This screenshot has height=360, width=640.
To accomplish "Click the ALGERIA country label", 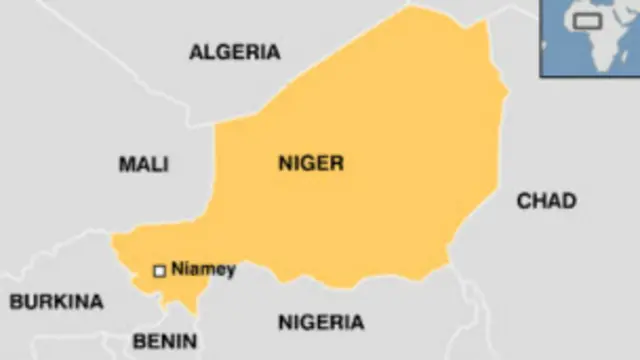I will [x=235, y=53].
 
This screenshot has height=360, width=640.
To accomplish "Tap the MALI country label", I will [x=144, y=164].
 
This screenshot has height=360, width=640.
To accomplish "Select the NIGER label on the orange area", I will [x=311, y=164].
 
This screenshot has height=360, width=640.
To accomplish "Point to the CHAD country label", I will [x=546, y=201].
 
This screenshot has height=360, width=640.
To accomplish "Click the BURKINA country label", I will [x=56, y=301].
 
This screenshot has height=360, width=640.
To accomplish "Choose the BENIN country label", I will [x=165, y=342].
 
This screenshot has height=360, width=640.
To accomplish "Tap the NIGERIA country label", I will [x=320, y=322].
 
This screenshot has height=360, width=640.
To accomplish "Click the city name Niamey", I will [x=204, y=269].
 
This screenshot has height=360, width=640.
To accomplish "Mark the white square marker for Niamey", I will [x=158, y=270].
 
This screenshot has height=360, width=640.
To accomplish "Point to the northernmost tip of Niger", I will [x=409, y=7].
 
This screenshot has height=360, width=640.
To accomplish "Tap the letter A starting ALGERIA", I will [x=197, y=53].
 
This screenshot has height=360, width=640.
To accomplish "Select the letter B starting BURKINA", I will [x=16, y=301].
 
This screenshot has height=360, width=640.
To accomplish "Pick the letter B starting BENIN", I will [x=139, y=342].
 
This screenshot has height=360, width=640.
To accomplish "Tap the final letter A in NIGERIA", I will [x=356, y=322].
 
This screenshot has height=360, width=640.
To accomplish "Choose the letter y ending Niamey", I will [x=231, y=271].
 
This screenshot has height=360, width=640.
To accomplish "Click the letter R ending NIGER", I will [x=337, y=164].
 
